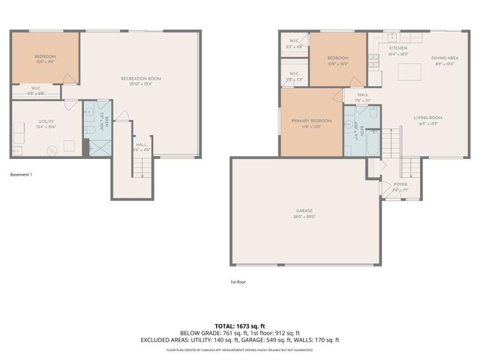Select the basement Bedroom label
(44, 57)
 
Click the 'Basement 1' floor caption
(21, 174)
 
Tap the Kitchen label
(397, 47)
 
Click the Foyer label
(400, 183)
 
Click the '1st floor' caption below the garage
(238, 282)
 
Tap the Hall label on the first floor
(362, 95)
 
